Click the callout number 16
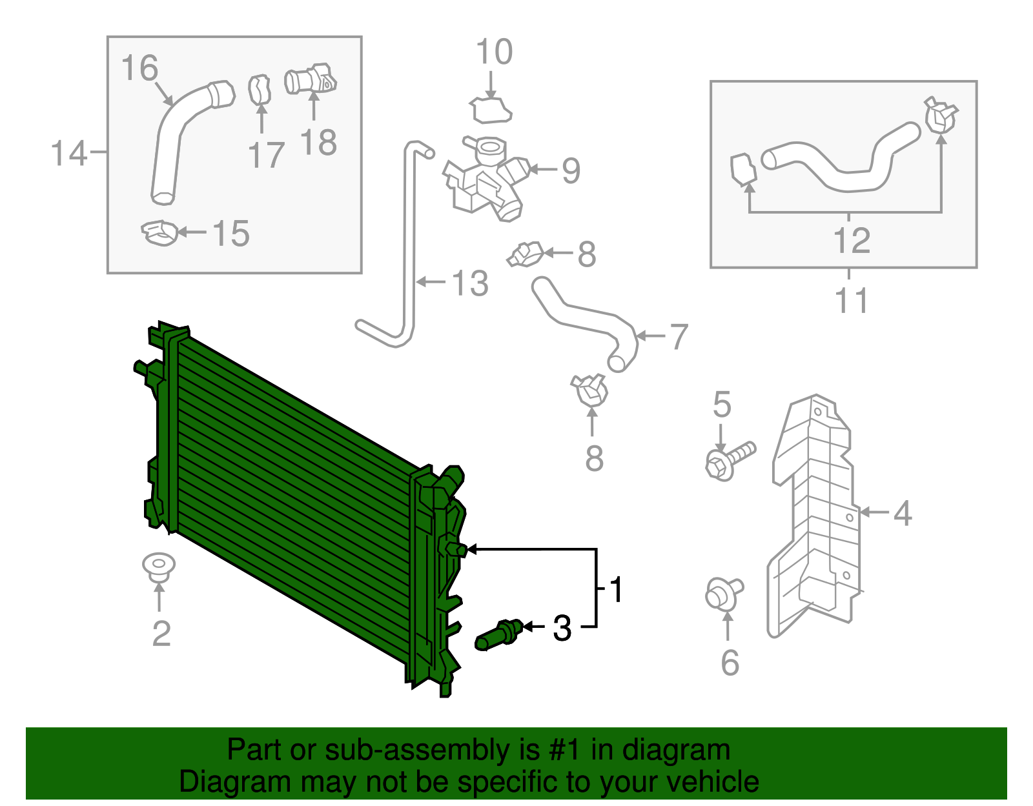pos(139,68)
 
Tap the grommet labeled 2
pos(159,566)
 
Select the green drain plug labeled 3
pos(498,635)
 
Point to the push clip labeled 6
pos(722,594)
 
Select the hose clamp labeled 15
pos(159,232)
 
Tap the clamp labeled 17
pos(260,89)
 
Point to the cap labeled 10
pos(492,110)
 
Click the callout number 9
pos(571,170)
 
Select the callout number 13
pos(470,283)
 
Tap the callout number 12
pos(852,241)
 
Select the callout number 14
pos(68,154)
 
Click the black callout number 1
pos(617,590)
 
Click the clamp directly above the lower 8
pos(591,389)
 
